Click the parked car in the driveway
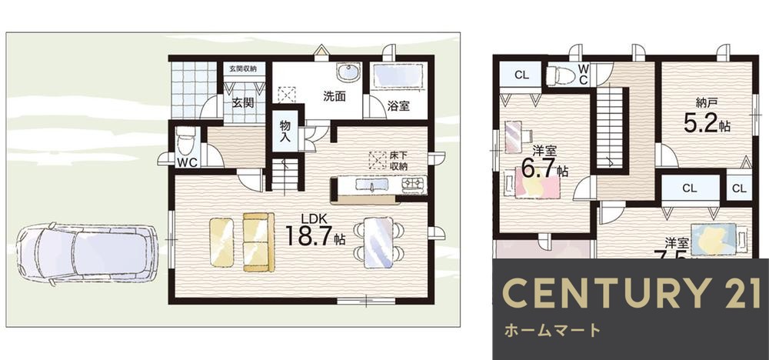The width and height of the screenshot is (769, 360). pyautogui.click(x=86, y=253)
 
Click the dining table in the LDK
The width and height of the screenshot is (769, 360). pyautogui.click(x=378, y=242)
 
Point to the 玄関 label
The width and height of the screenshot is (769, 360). pyautogui.click(x=243, y=103)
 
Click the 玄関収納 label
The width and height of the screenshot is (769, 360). pyautogui.click(x=245, y=68)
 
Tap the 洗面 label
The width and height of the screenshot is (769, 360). pyautogui.click(x=334, y=97)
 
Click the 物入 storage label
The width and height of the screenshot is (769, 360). pyautogui.click(x=285, y=131)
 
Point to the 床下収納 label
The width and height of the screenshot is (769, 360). pyautogui.click(x=398, y=160)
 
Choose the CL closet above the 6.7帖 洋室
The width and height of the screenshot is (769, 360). pyautogui.click(x=521, y=75)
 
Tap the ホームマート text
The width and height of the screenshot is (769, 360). pyautogui.click(x=552, y=331)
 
